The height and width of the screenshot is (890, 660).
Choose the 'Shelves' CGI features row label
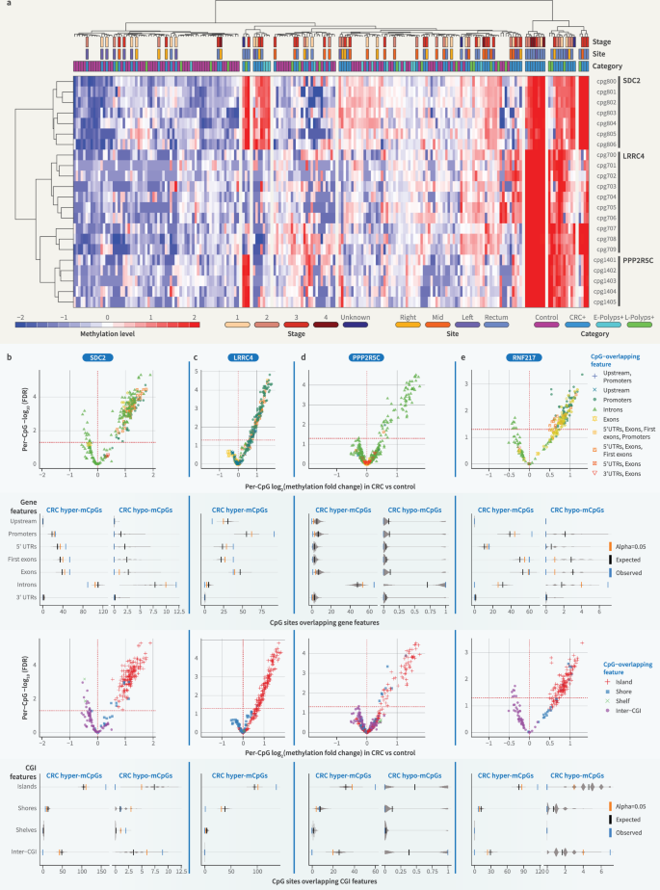(x=24, y=829)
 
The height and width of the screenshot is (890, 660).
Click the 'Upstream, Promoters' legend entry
(x=626, y=377)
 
